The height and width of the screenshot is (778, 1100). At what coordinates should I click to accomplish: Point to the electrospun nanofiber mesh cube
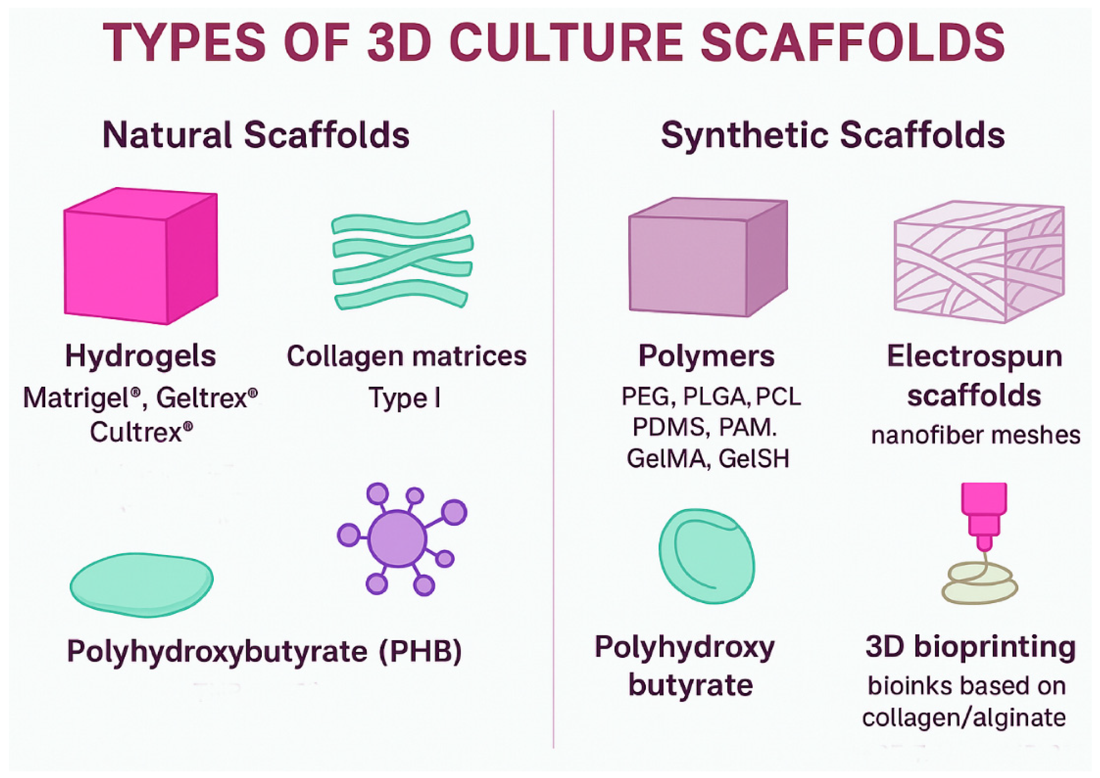(x=979, y=262)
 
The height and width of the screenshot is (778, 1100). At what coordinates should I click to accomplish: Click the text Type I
(x=404, y=398)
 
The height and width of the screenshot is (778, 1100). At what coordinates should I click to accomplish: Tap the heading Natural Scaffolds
(x=256, y=135)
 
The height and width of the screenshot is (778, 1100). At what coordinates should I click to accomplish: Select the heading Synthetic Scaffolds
(x=832, y=135)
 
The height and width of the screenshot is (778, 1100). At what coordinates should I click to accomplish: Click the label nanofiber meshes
(x=976, y=435)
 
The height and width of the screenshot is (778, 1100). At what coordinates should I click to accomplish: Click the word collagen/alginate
(x=963, y=718)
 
